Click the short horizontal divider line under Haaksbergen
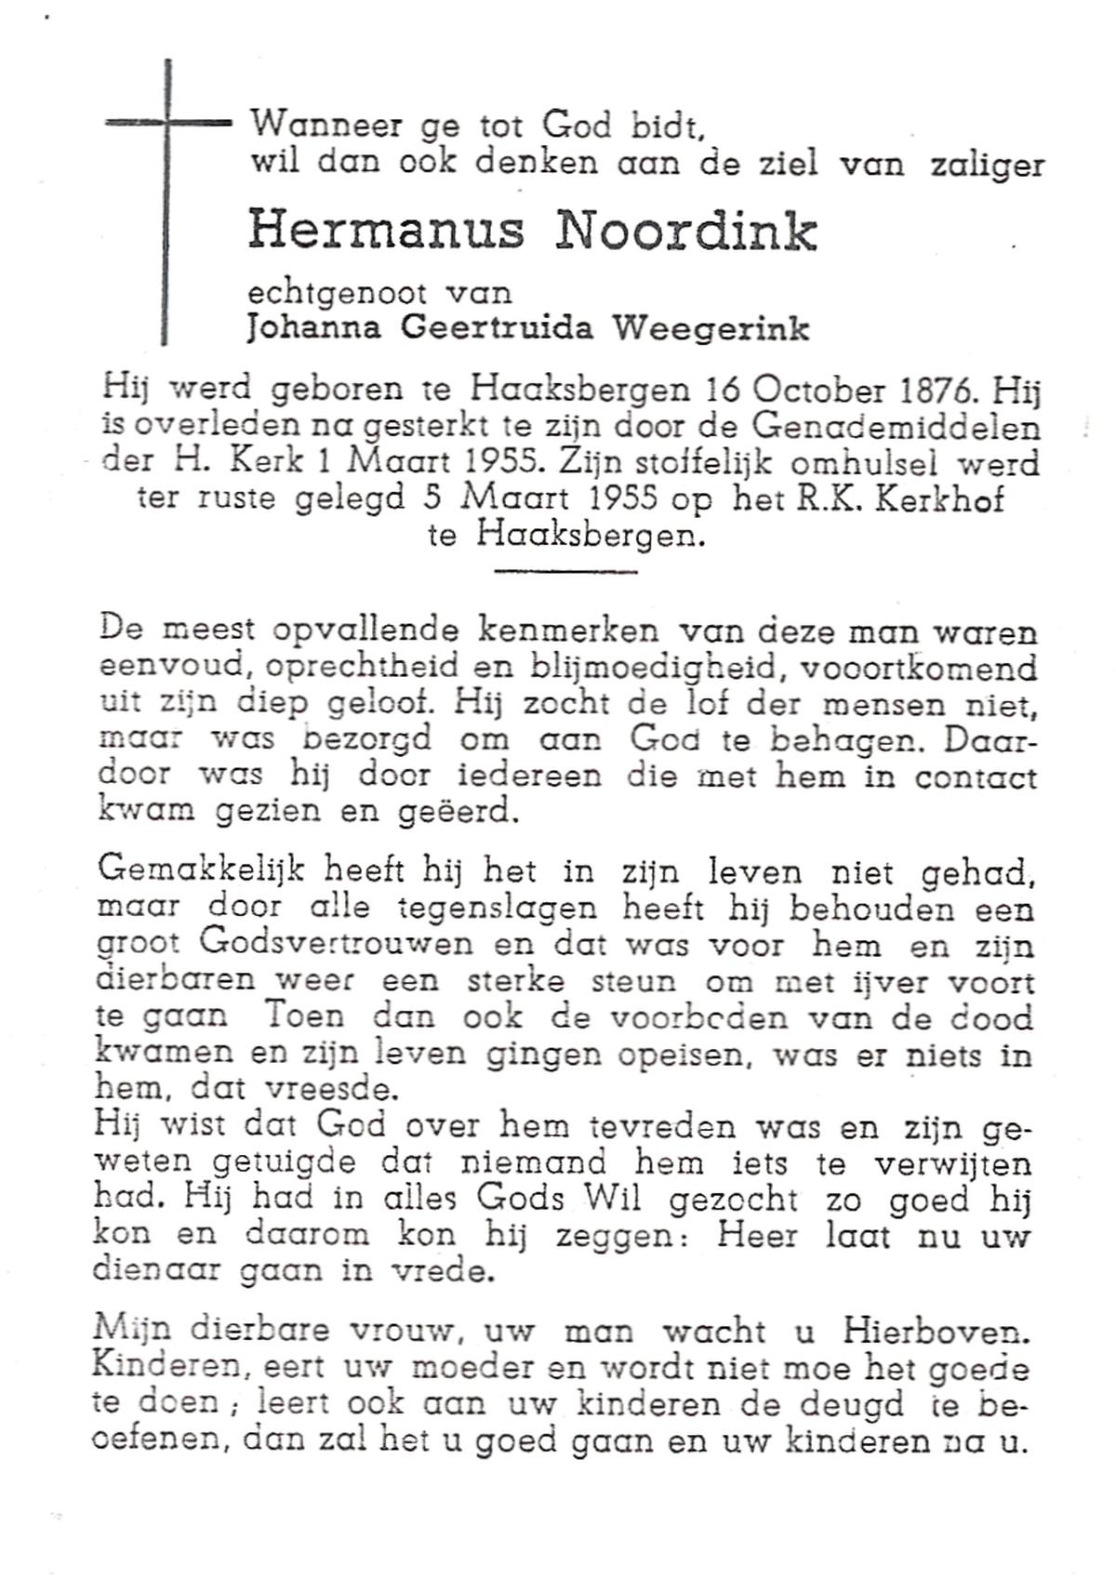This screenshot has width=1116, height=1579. click(x=565, y=569)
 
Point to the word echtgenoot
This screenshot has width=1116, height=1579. click(x=338, y=293)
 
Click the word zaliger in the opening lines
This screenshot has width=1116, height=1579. click(x=987, y=164)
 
